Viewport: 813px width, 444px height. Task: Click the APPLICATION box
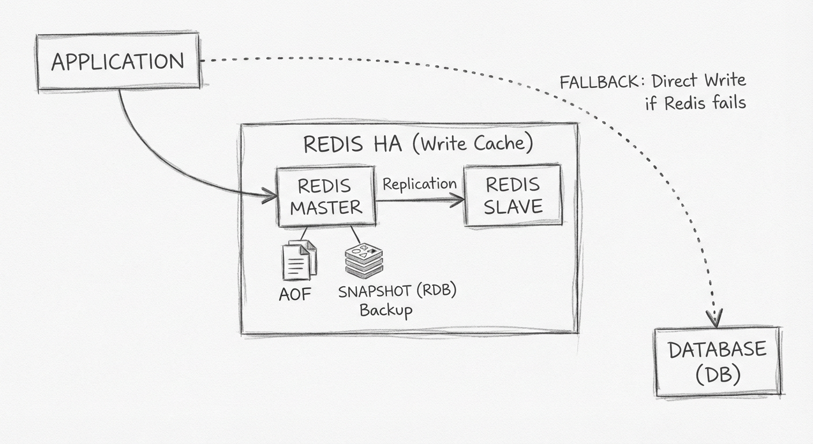pyautogui.click(x=118, y=61)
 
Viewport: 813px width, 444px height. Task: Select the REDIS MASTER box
pyautogui.click(x=326, y=197)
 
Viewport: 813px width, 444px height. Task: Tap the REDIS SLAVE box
pyautogui.click(x=513, y=195)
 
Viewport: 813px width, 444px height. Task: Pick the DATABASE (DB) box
pyautogui.click(x=718, y=362)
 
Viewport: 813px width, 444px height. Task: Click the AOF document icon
pyautogui.click(x=299, y=260)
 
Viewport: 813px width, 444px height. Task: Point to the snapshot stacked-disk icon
pyautogui.click(x=364, y=261)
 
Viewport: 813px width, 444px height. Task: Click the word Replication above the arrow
pyautogui.click(x=419, y=184)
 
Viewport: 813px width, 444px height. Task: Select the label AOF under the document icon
pyautogui.click(x=295, y=294)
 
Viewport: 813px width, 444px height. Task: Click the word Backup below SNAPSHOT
pyautogui.click(x=386, y=310)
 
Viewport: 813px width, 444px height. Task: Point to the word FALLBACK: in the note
pyautogui.click(x=601, y=82)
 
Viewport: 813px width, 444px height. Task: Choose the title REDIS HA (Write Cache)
pyautogui.click(x=418, y=143)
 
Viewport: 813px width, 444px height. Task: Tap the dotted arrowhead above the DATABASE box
pyautogui.click(x=716, y=319)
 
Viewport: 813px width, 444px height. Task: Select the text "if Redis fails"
pyautogui.click(x=695, y=103)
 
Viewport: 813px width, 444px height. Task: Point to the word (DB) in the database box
pyautogui.click(x=718, y=375)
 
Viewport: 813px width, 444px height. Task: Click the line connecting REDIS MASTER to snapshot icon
pyautogui.click(x=355, y=235)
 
